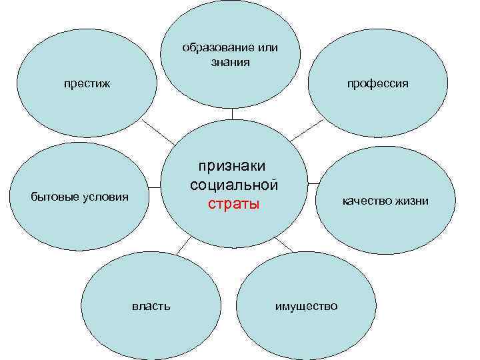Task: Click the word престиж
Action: pos(87,84)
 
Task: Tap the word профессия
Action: pos(377,84)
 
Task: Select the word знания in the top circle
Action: pos(231,62)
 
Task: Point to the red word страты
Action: pos(233,203)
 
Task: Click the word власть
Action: pos(151,306)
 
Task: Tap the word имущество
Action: pos(307,306)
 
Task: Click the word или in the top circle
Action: pos(267,48)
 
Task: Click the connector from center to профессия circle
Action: pos(307,131)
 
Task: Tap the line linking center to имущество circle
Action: pos(283,244)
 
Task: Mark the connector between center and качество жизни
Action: pos(315,181)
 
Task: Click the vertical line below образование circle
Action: pos(232,113)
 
